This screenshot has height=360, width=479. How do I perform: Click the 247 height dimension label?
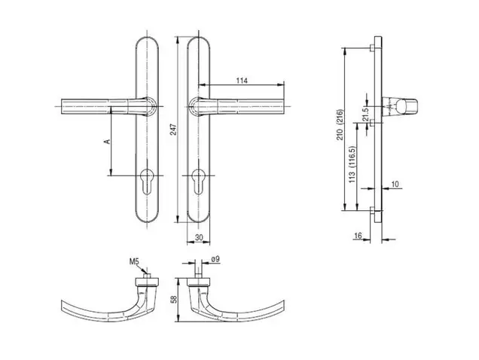point(174,129)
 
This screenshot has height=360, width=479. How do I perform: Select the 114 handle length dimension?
point(242,81)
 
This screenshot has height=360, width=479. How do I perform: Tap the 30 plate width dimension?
point(199,237)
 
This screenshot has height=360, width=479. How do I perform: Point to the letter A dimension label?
point(107,142)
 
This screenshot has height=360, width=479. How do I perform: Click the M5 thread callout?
point(134,261)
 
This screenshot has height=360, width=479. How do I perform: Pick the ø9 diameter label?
point(215,259)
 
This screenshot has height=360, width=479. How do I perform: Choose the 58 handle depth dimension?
point(174,300)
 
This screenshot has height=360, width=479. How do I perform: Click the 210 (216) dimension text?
point(340,125)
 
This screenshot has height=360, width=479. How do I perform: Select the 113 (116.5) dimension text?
point(352,164)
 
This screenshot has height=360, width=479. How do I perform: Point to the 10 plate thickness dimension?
point(395,184)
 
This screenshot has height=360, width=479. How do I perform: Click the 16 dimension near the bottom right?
point(358,235)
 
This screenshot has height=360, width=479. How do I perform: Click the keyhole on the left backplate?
point(147,182)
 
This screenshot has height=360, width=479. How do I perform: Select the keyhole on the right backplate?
point(199,182)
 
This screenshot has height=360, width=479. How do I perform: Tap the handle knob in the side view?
point(399,106)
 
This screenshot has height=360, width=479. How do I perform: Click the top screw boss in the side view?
point(372,48)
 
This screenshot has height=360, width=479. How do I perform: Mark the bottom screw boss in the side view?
point(372,210)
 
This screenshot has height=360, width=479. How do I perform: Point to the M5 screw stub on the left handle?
point(148,276)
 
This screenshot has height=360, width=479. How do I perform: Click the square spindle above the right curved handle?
point(198,269)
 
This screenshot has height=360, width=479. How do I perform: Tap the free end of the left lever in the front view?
point(62,106)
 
